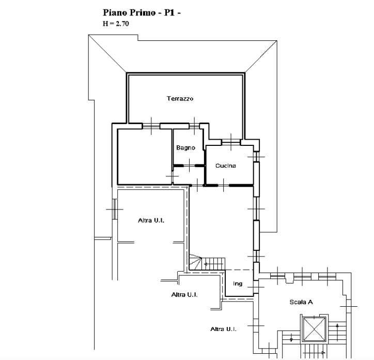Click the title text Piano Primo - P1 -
[x=142, y=13]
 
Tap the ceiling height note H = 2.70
[x=116, y=24]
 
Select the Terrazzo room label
[x=180, y=98]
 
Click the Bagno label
[x=185, y=147]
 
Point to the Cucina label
[x=226, y=166]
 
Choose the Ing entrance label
[x=238, y=283]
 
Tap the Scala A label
[x=301, y=302]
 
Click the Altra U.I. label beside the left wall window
[x=151, y=220]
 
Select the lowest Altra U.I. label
[x=224, y=329]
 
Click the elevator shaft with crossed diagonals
[x=315, y=329]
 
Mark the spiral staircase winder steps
[x=195, y=262]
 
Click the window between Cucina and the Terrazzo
[x=231, y=142]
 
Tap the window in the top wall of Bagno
[x=194, y=126]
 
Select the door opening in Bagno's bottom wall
[x=189, y=166]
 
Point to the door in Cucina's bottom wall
[x=224, y=185]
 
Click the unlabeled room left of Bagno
[x=145, y=157]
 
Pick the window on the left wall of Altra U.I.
[x=115, y=209]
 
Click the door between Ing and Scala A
[x=256, y=287]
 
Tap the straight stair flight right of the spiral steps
[x=213, y=264]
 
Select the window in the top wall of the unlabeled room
[x=151, y=126]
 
